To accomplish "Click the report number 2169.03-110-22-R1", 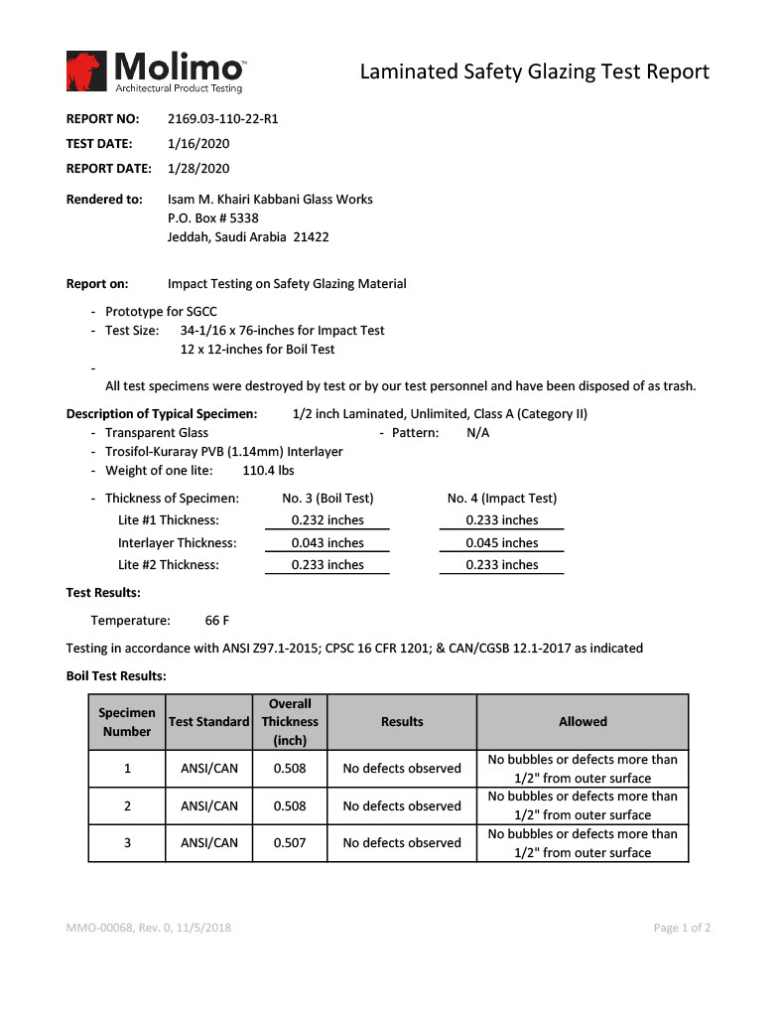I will [x=222, y=119].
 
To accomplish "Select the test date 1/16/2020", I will [x=198, y=144].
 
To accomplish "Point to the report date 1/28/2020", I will [x=198, y=169].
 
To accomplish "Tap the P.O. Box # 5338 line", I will [x=213, y=218].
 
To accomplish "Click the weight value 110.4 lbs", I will [x=268, y=471].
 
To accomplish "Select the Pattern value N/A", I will [x=477, y=433].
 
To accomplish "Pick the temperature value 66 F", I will [x=217, y=621].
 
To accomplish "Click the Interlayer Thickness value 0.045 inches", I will [x=502, y=543].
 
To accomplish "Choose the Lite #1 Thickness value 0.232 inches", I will [x=327, y=520].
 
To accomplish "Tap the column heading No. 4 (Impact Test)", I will [x=502, y=499].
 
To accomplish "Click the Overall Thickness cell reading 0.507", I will [x=290, y=843].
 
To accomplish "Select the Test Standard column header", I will [x=208, y=722].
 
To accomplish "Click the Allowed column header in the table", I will [x=583, y=722].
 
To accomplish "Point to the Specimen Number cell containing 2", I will [x=127, y=805].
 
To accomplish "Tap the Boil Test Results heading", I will [x=116, y=676].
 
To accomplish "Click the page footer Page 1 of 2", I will [x=682, y=929].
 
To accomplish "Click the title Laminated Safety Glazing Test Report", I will [x=534, y=72].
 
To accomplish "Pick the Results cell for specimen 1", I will [x=402, y=769].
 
